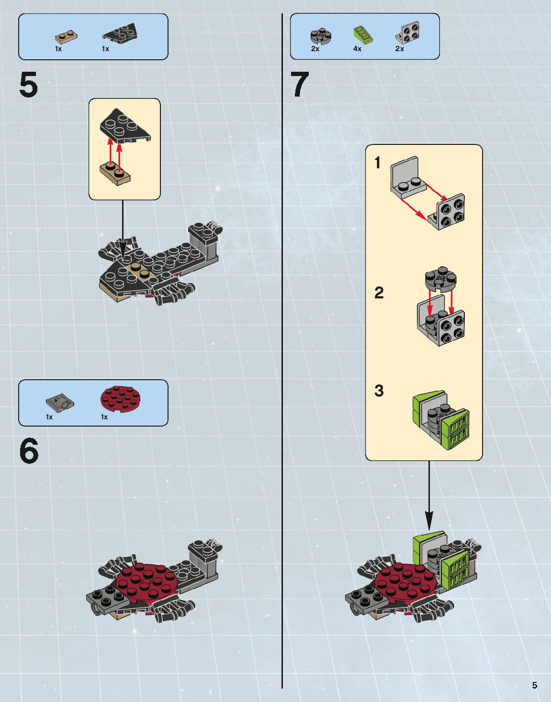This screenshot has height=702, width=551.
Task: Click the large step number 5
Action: (28, 85)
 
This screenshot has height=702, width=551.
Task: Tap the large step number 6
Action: (29, 451)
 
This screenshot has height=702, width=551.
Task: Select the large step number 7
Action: (300, 85)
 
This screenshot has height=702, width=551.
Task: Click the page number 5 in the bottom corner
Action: (534, 685)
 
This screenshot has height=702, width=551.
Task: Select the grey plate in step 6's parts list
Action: (60, 403)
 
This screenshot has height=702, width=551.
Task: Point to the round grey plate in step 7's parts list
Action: (321, 36)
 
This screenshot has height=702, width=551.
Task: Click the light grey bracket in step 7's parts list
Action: (408, 33)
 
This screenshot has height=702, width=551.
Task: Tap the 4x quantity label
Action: (357, 49)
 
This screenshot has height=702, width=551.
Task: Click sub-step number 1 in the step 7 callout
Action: (378, 163)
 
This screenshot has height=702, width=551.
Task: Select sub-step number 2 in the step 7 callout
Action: (379, 293)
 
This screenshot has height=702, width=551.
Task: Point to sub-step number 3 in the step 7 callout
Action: (379, 391)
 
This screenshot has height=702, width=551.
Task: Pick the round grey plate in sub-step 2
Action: (440, 279)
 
